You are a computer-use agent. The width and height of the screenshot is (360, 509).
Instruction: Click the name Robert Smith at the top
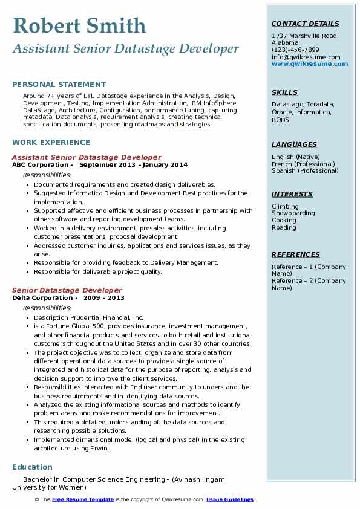(x=79, y=26)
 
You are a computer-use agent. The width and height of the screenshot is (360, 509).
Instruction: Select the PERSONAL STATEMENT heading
(x=59, y=85)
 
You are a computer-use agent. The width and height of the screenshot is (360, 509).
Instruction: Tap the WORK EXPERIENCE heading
(x=51, y=143)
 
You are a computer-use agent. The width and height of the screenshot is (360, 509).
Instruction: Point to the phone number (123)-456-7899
(x=295, y=50)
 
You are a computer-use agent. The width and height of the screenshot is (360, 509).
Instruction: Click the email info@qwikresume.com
(x=306, y=57)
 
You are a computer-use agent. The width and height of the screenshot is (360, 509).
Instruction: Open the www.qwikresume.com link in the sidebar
(x=306, y=63)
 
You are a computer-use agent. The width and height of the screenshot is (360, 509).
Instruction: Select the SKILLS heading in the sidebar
(x=284, y=92)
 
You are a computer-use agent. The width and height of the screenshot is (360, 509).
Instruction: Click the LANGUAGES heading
(x=294, y=144)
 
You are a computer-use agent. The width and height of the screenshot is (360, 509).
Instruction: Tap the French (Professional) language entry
(x=303, y=164)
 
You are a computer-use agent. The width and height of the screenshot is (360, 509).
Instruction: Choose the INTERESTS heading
(x=292, y=194)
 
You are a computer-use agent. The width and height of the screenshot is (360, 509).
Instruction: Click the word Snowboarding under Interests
(x=293, y=213)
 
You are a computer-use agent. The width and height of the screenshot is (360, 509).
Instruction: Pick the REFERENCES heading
(x=295, y=254)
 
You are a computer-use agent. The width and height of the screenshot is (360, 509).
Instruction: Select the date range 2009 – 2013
(x=104, y=298)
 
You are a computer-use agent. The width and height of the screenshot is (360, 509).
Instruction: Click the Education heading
(x=32, y=467)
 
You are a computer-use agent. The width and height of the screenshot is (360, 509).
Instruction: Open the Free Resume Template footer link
(x=82, y=499)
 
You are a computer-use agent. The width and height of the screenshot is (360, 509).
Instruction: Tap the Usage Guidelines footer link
(x=229, y=499)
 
